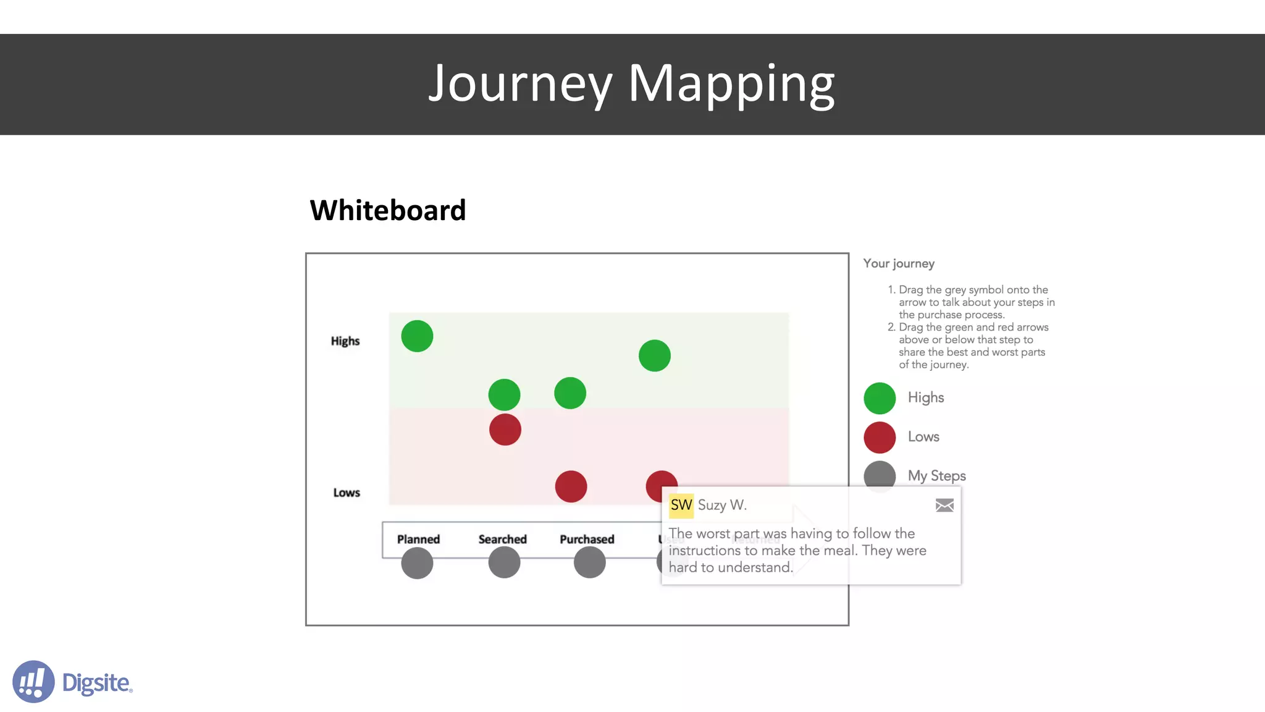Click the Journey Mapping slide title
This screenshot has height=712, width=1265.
point(631,84)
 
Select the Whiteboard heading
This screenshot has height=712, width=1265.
point(387,210)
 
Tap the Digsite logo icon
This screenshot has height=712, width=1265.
point(33,682)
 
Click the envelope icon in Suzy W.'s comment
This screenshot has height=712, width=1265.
point(944,506)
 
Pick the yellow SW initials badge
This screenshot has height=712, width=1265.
point(681,505)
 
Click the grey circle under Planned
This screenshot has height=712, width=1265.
point(417,563)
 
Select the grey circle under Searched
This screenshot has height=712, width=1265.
point(504,562)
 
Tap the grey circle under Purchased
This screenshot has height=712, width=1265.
point(589,562)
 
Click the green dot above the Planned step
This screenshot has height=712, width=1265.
point(417,336)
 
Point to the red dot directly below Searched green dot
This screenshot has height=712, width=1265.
point(505,430)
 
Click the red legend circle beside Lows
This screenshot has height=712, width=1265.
point(880,437)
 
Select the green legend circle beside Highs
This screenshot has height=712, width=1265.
point(880,398)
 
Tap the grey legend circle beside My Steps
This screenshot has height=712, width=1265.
point(880,475)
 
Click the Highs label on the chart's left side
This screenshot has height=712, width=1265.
point(345,341)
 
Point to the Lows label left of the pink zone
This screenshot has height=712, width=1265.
point(347,493)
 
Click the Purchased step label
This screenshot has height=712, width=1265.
point(587,539)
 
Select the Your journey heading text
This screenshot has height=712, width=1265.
point(899,263)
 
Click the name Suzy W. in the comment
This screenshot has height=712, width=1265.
point(722,505)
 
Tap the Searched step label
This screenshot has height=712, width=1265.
point(502,539)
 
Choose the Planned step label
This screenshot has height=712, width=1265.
point(418,539)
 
